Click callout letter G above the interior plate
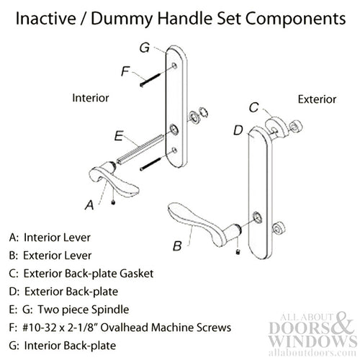tap(144, 48)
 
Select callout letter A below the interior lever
tap(89, 205)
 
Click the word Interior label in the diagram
tap(92, 96)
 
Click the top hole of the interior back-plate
tap(176, 67)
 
